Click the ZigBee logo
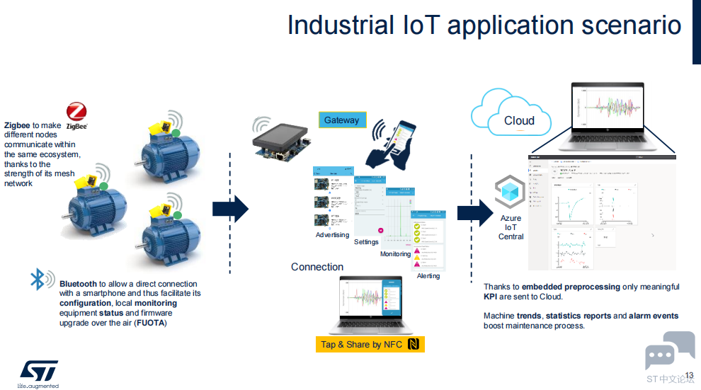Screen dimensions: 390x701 point(76,115)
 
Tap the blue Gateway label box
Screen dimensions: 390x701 point(342,120)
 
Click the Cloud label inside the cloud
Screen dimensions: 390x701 point(519,120)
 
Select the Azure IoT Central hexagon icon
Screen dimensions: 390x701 point(510,192)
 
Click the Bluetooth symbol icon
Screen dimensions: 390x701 point(38,279)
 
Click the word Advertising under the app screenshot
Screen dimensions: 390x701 point(332,235)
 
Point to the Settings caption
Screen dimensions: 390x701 point(366,242)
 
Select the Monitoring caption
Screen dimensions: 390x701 point(395,254)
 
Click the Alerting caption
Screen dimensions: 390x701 point(428,276)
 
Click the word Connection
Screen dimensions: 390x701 point(317,267)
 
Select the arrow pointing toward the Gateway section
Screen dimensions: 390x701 point(230,209)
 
